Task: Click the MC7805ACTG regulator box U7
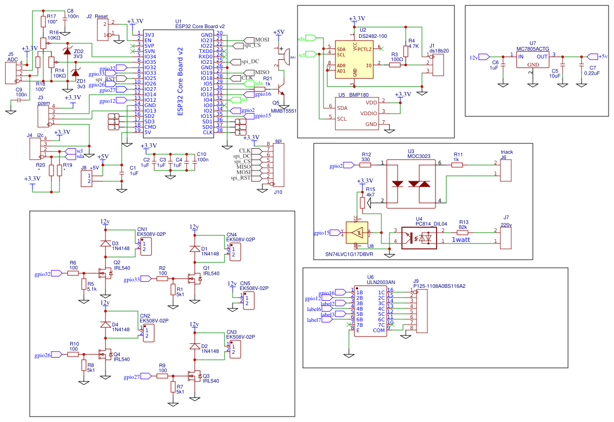tap(533, 60)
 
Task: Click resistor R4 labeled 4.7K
tap(406, 47)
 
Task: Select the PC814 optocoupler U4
tap(419, 238)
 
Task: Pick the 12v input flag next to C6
tap(484, 57)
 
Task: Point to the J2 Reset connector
tap(104, 30)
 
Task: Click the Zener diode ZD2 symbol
tap(67, 51)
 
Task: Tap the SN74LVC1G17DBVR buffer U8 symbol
tap(356, 233)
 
